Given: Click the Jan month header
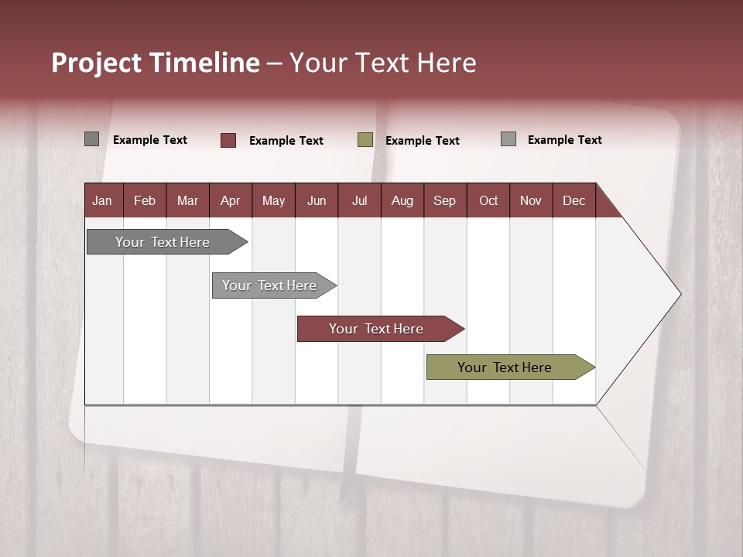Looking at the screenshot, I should coord(102,200).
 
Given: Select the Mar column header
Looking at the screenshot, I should coord(187,200).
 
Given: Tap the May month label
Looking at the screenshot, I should coord(273,200).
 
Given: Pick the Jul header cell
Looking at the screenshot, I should coord(359,200).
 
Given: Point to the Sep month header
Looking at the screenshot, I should coord(444,200).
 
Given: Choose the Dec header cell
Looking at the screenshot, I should coord(574,200).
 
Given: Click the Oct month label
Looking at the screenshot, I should coord(488,200).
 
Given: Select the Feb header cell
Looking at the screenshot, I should coord(145,200).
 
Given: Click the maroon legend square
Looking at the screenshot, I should coord(228,140).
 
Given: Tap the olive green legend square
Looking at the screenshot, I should coord(365,140).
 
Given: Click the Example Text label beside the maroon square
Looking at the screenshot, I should coord(286,141).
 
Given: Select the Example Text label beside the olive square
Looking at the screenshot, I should coord(422,141).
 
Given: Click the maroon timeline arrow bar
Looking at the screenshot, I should coord(375,329).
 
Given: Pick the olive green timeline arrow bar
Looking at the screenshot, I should coord(505,367).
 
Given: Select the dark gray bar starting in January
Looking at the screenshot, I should coord(163,242).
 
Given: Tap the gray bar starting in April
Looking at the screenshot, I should coord(269,285).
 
